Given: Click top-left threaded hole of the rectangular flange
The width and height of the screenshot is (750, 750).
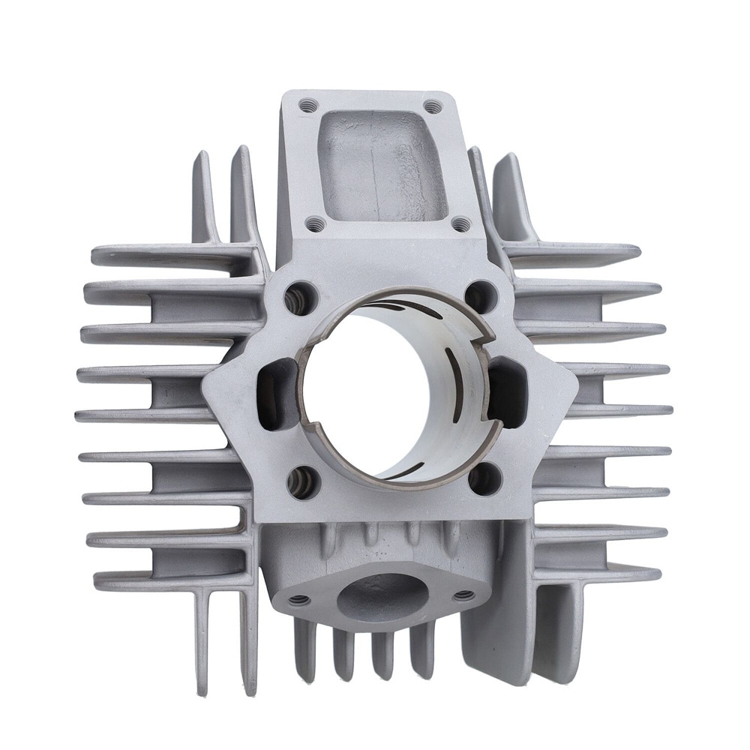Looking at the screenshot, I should coord(306,106).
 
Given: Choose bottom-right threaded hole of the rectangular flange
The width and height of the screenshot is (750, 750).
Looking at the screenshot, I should coord(460,223).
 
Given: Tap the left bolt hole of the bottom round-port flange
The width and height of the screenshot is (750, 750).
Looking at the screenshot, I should coord(300,599).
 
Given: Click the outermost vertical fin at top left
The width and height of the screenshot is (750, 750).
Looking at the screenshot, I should coord(203,195).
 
